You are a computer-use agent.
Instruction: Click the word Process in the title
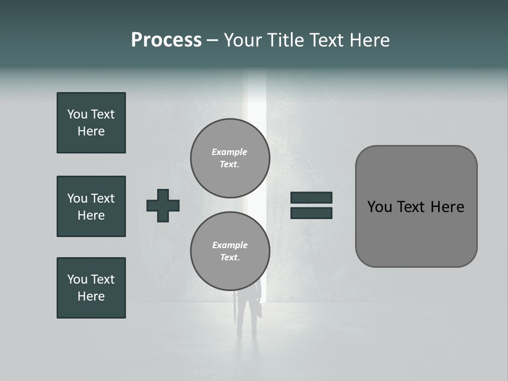click(x=166, y=40)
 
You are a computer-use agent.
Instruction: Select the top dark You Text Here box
click(x=91, y=123)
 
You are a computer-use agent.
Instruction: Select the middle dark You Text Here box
click(x=91, y=206)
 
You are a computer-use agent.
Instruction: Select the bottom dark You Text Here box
click(x=91, y=288)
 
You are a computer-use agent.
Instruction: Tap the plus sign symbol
click(x=163, y=205)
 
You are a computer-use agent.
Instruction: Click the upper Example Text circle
click(x=230, y=158)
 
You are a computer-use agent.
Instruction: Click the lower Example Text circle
click(x=230, y=251)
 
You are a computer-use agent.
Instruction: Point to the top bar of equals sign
click(x=311, y=197)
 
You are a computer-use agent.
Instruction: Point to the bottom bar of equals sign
click(x=311, y=213)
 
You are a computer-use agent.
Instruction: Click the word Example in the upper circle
click(x=230, y=152)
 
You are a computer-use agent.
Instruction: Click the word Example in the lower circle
click(x=230, y=245)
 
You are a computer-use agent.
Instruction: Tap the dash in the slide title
click(x=212, y=40)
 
